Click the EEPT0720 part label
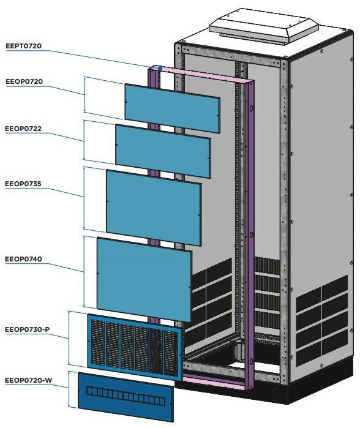[23, 46]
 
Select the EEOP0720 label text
[24, 81]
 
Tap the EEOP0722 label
[23, 129]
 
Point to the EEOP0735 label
[23, 184]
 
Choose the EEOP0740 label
[23, 259]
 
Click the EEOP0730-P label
[27, 329]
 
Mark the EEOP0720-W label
[28, 380]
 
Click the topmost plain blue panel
[173, 108]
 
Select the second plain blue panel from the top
[163, 151]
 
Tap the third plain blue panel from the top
[154, 208]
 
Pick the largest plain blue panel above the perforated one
[144, 279]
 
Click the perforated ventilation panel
[135, 347]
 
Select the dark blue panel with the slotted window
[126, 397]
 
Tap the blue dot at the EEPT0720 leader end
[160, 69]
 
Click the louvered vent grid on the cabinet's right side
[322, 320]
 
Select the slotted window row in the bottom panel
[126, 396]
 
